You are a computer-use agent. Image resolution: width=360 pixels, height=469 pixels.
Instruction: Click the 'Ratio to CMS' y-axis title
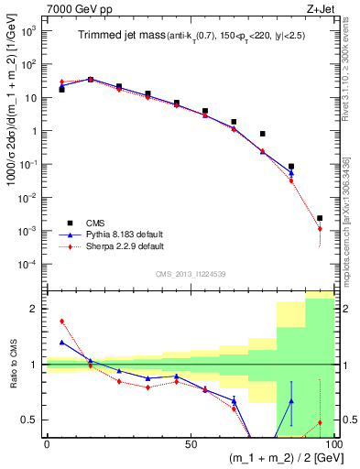pyautogui.click(x=12, y=365)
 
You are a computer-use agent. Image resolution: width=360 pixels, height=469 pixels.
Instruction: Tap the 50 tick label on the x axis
pyautogui.click(x=190, y=444)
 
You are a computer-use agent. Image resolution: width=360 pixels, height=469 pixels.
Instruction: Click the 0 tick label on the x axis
pyautogui.click(x=47, y=444)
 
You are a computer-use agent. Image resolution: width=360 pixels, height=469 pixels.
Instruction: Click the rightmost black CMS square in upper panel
pyautogui.click(x=320, y=218)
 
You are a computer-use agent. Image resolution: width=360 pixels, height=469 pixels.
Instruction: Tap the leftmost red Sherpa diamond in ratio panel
pyautogui.click(x=61, y=322)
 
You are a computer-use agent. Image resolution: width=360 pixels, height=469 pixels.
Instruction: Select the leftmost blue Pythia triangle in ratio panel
pyautogui.click(x=61, y=342)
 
